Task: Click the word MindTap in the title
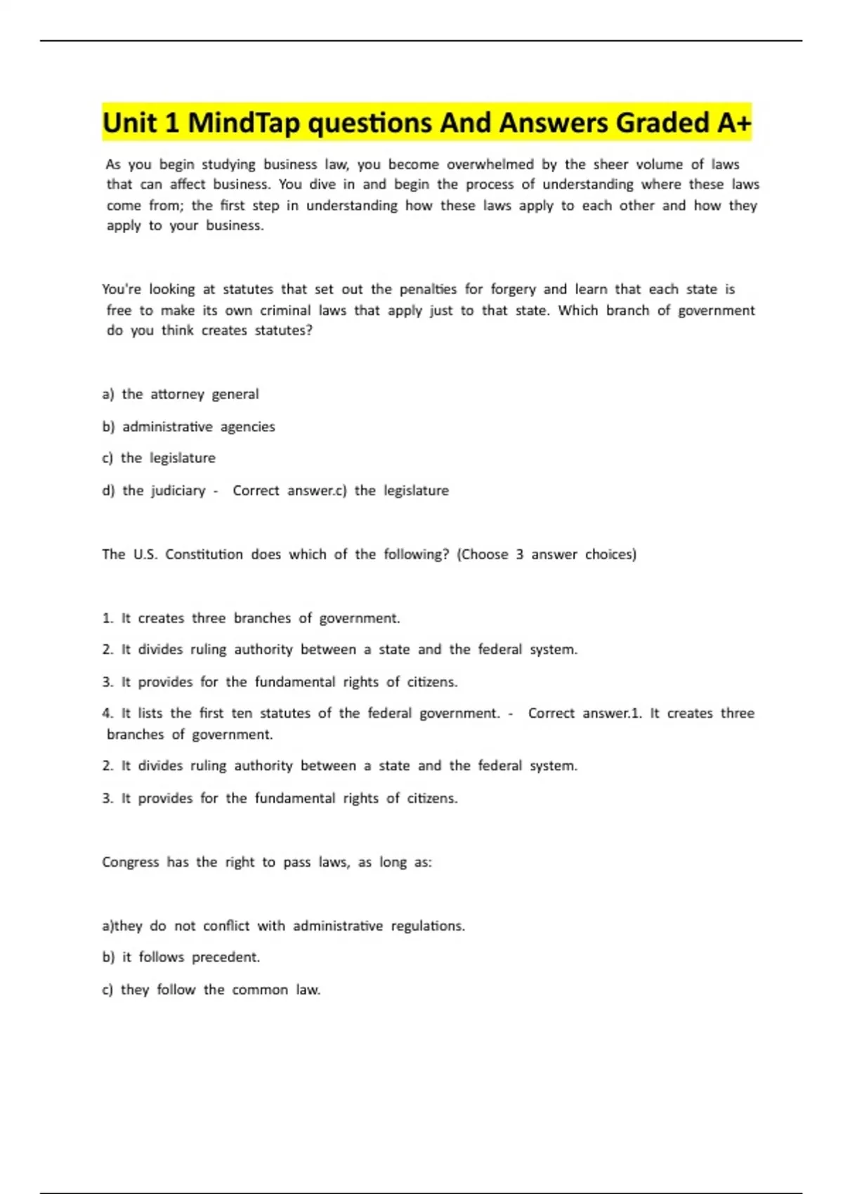pos(244,123)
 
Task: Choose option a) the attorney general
pos(181,394)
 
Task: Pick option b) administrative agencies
pos(188,426)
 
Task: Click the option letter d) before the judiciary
pos(108,490)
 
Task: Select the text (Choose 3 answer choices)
pos(547,554)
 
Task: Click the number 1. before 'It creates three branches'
pos(107,618)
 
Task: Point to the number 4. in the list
pos(107,713)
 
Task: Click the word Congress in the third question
pos(131,862)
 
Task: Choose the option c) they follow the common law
pos(211,990)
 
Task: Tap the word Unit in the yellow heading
pos(131,123)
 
